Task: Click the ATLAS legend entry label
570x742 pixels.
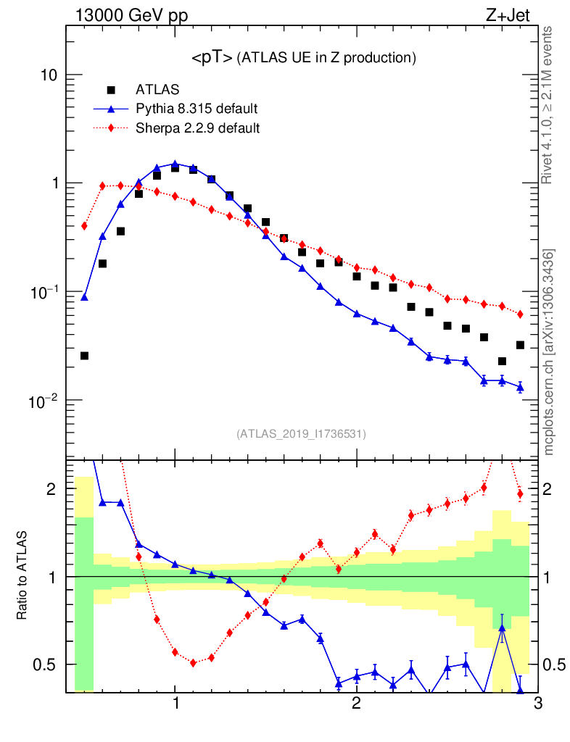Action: (157, 90)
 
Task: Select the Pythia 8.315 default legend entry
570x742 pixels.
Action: (197, 109)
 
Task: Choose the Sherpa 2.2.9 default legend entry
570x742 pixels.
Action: (198, 129)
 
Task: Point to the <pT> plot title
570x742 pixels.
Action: (303, 58)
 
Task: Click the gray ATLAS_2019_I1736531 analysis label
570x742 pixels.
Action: (301, 434)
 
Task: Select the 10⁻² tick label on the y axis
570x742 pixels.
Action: (47, 399)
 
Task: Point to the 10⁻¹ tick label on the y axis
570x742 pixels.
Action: (47, 291)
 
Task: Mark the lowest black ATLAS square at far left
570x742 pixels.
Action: (84, 356)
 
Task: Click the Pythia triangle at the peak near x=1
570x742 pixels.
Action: (175, 164)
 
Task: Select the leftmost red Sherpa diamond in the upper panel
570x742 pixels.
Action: (84, 226)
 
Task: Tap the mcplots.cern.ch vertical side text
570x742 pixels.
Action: (549, 352)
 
